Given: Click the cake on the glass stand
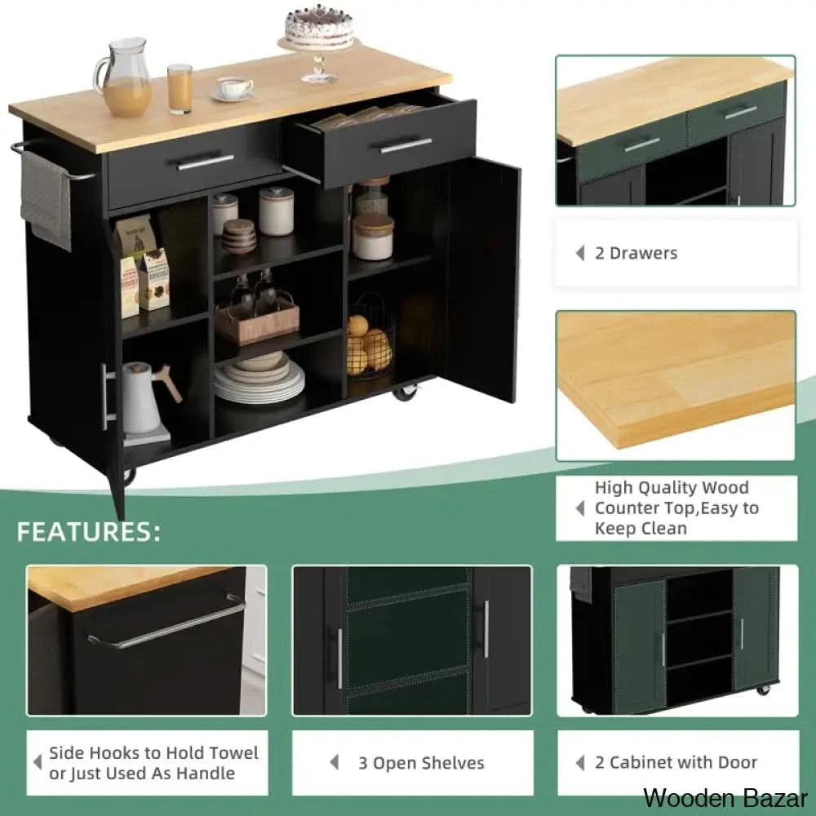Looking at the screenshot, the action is (318, 26).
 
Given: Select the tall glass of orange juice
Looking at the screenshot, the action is (180, 88).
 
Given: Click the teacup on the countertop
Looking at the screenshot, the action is (233, 88).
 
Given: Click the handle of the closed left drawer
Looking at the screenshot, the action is (206, 162).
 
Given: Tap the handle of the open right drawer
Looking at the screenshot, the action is (406, 146).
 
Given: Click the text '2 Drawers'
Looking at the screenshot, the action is (636, 254).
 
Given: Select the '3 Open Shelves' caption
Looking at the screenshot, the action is (421, 764).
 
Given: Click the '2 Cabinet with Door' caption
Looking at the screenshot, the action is (676, 763).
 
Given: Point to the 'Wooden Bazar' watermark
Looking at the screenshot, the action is (725, 798).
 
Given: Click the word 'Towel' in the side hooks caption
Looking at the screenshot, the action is (233, 753).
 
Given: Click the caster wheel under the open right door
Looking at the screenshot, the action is (406, 392).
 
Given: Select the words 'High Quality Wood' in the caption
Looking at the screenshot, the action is (672, 488).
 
